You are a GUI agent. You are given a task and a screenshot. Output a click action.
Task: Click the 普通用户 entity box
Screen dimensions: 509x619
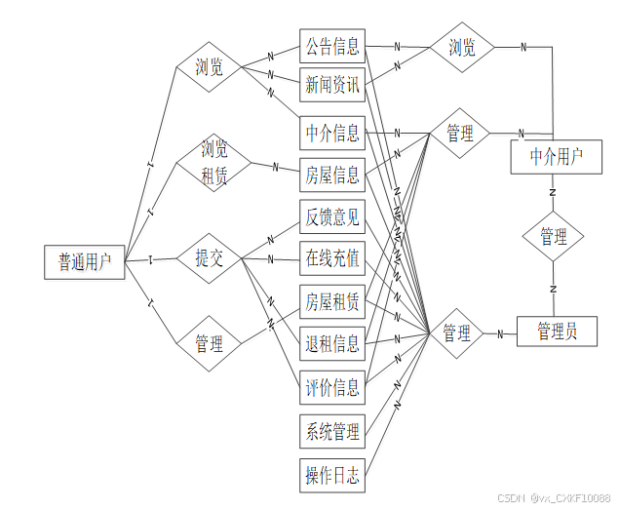click(x=85, y=261)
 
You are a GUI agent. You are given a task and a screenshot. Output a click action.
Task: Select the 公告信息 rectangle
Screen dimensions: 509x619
click(x=332, y=46)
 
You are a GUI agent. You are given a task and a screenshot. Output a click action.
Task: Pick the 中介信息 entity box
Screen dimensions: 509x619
click(x=332, y=132)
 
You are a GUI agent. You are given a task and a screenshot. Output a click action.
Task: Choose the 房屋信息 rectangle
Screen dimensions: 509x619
click(x=332, y=176)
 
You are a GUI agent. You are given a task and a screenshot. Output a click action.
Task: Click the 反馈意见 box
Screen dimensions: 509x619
click(x=332, y=216)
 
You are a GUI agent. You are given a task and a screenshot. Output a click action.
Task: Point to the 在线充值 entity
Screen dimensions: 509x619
click(x=332, y=258)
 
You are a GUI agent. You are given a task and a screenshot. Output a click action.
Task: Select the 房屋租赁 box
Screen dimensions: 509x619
click(x=332, y=302)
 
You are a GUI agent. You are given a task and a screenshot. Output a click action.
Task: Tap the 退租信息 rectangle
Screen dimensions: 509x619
click(x=332, y=343)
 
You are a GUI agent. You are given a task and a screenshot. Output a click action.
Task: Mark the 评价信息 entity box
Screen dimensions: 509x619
click(x=332, y=387)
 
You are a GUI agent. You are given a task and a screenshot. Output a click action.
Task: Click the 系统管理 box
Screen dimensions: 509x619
click(x=332, y=430)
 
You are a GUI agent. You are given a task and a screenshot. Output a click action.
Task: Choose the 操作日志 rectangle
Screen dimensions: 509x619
click(x=332, y=476)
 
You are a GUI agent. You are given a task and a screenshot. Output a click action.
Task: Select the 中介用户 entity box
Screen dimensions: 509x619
click(x=557, y=157)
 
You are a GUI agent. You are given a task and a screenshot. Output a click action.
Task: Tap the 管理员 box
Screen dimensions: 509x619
click(x=557, y=332)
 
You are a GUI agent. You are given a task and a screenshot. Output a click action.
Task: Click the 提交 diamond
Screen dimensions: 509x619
click(x=209, y=258)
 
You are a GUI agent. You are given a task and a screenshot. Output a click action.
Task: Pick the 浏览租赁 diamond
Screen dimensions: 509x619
click(x=213, y=162)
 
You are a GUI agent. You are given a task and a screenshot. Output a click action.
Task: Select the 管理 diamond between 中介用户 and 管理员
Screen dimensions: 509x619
click(x=553, y=237)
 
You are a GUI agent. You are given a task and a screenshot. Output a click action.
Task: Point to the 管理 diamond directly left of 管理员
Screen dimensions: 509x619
click(x=457, y=333)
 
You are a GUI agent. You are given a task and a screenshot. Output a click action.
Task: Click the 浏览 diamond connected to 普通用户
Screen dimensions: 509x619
click(x=209, y=67)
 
